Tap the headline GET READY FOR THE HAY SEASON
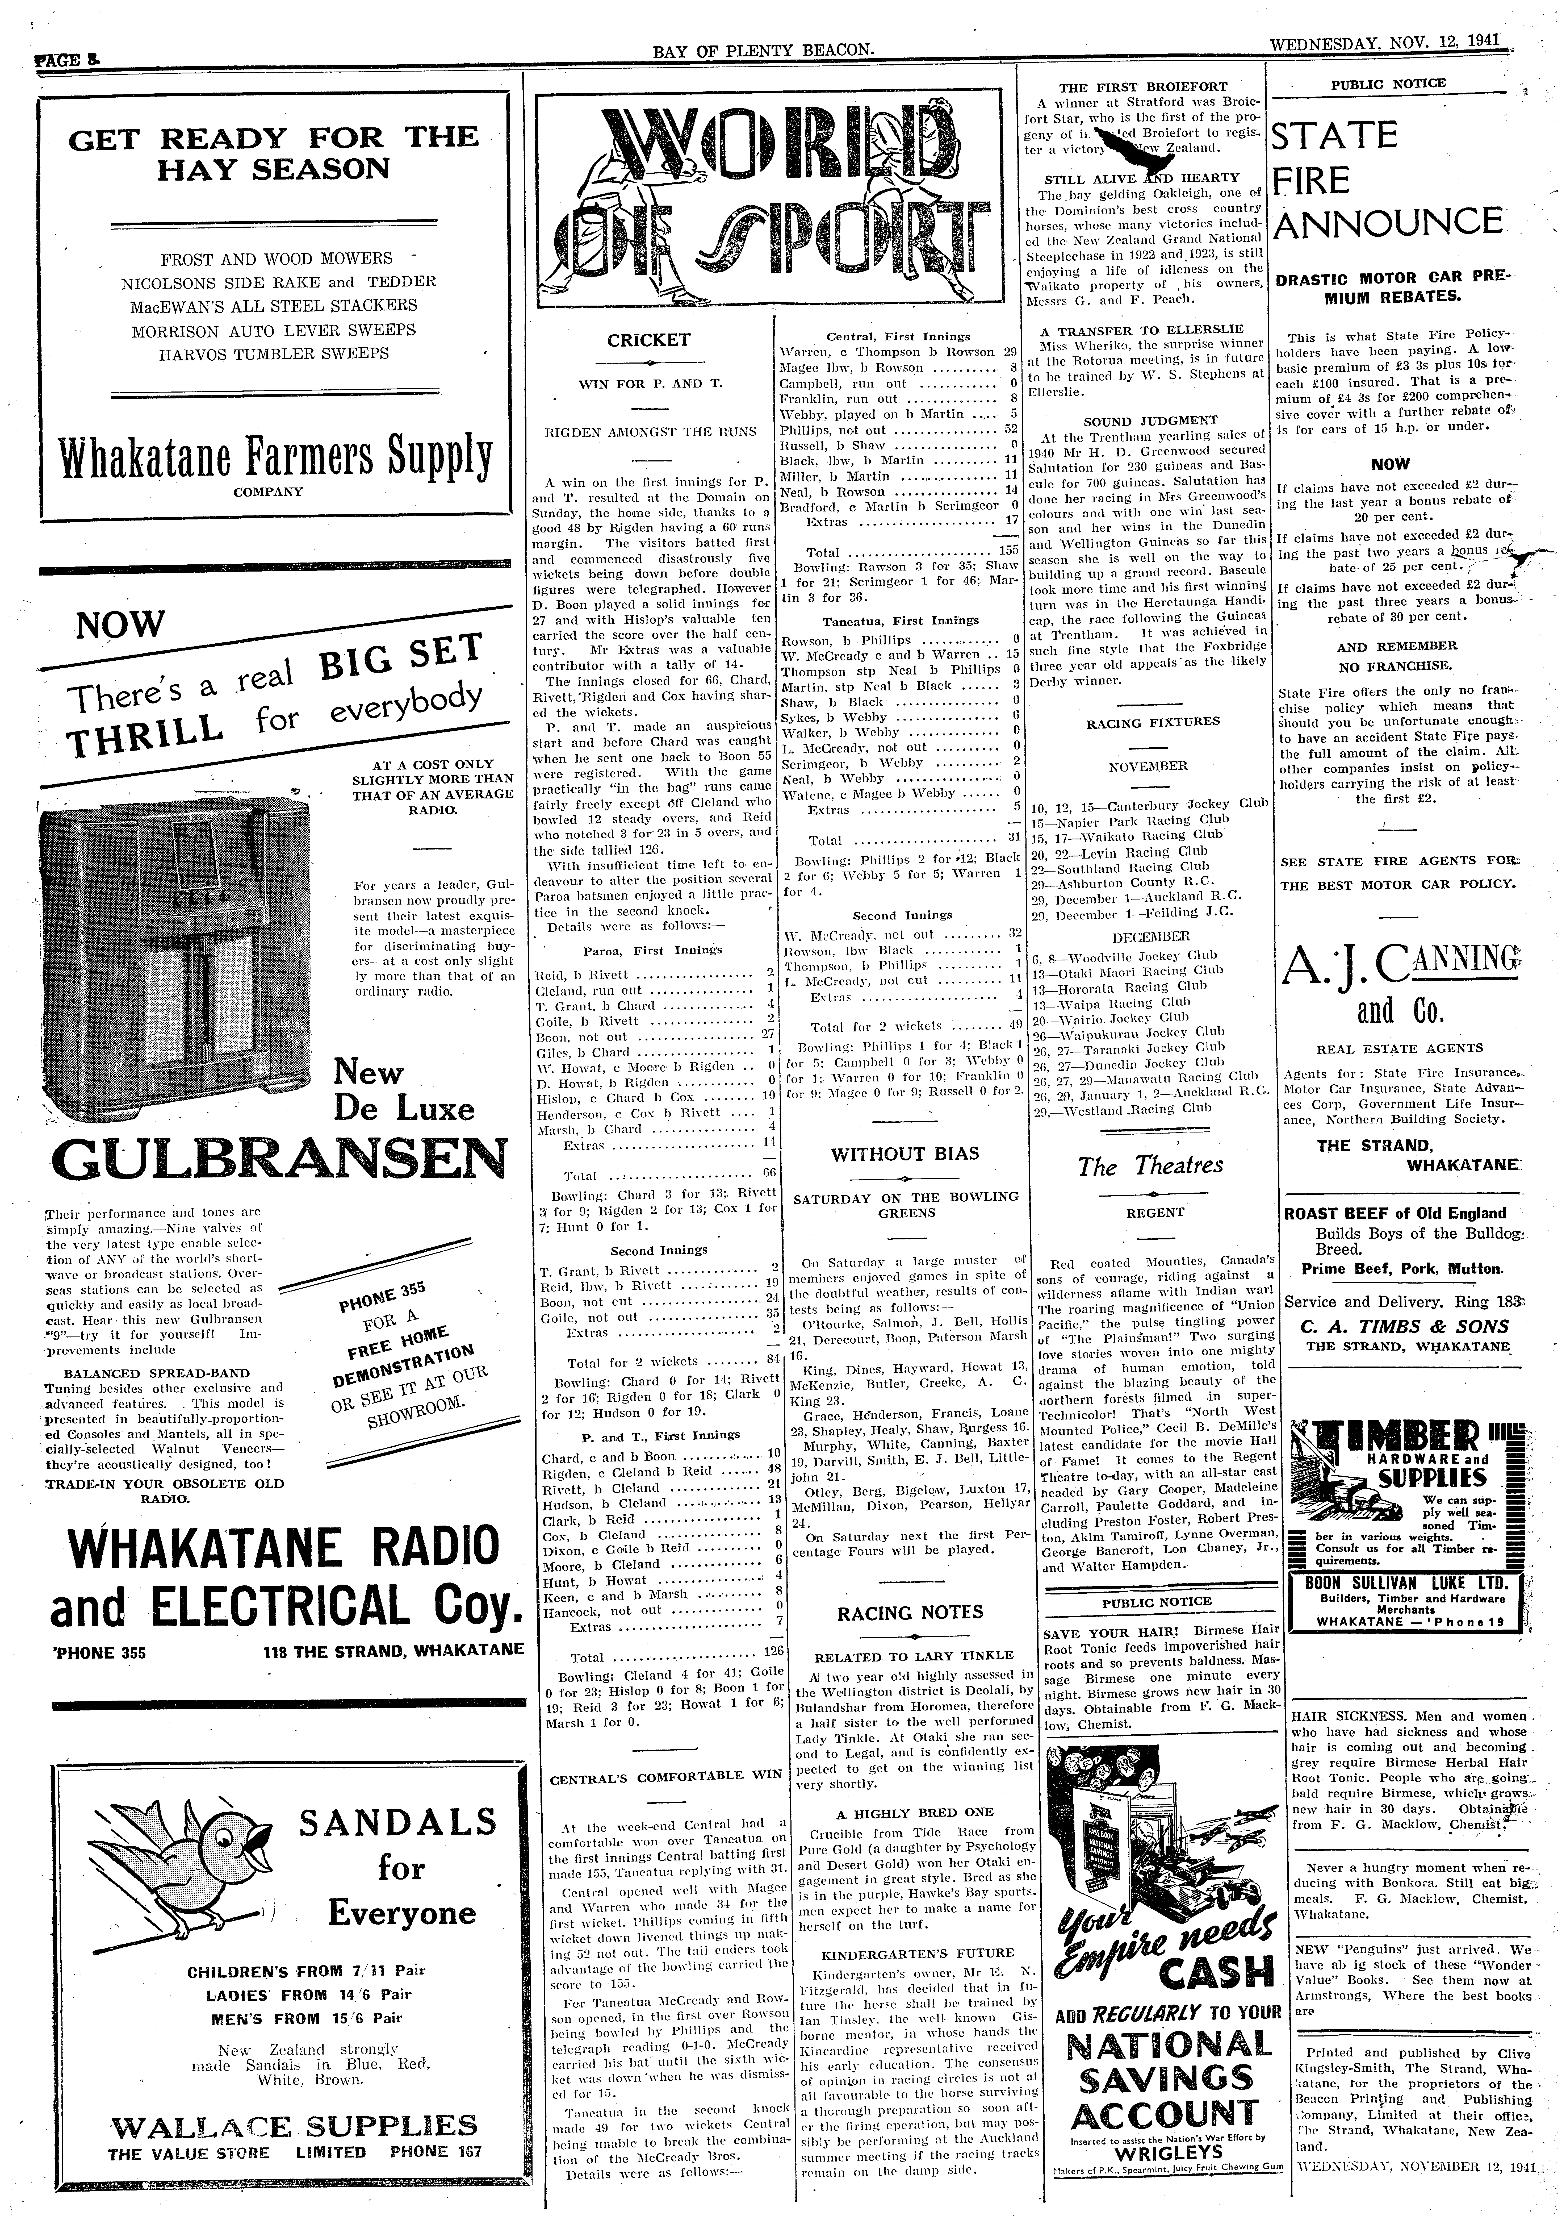coord(274,153)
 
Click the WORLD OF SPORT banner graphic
coord(770,194)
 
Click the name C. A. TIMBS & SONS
coord(1406,1328)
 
